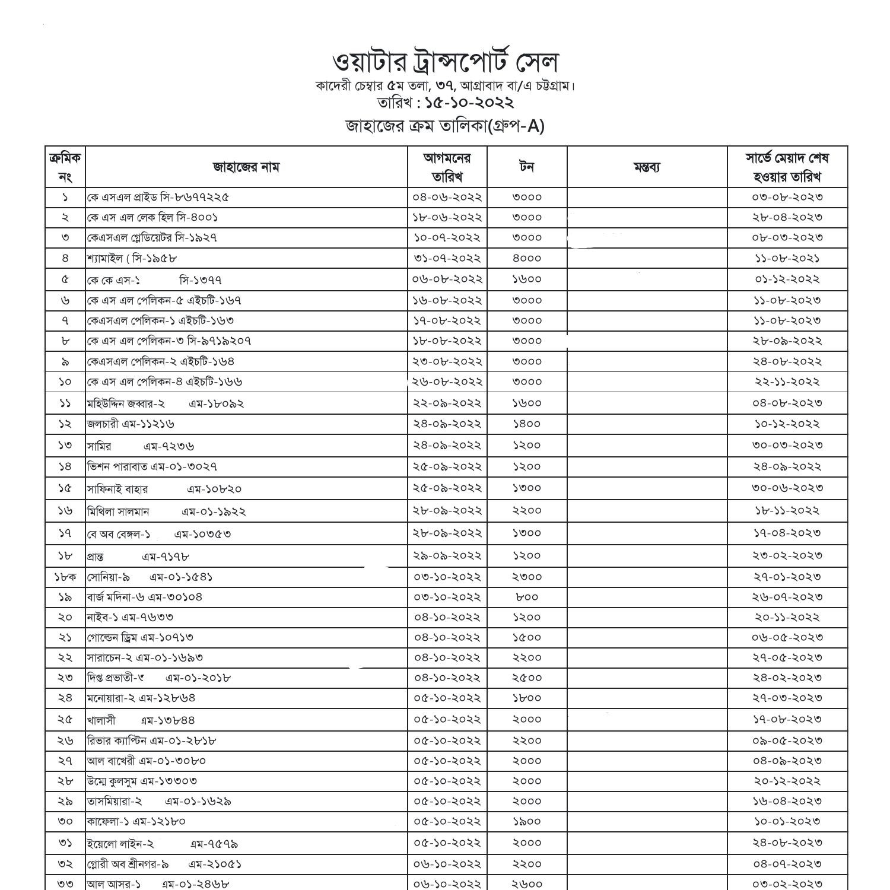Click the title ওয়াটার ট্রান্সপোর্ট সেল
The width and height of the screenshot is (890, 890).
[x=445, y=62]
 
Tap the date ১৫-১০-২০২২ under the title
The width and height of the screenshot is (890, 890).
[x=469, y=103]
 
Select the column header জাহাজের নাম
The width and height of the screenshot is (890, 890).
[x=246, y=167]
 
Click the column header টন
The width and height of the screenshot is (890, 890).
[x=526, y=167]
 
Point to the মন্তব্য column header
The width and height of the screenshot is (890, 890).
[x=647, y=167]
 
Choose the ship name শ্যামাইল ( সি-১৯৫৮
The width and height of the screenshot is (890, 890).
[x=132, y=258]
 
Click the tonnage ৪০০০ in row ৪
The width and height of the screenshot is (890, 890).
[x=526, y=258]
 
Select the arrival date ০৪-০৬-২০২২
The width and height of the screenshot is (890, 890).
[x=447, y=197]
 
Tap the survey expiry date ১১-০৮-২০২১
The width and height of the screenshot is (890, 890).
[x=787, y=258]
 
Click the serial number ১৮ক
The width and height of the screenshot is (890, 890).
[x=65, y=577]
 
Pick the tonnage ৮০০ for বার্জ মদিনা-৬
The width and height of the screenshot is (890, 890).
[x=526, y=597]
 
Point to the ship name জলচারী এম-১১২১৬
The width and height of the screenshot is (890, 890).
[x=131, y=424]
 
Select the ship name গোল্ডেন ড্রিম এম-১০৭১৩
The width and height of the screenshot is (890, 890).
[x=140, y=637]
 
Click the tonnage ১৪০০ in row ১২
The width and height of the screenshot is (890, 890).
[x=526, y=424]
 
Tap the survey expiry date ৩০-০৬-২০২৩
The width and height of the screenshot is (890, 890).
[x=787, y=488]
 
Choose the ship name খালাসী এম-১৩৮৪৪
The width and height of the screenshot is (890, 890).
[x=141, y=720]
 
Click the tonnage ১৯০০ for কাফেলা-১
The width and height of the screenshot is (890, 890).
[x=526, y=821]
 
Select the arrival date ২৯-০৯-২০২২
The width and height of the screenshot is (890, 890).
[x=447, y=556]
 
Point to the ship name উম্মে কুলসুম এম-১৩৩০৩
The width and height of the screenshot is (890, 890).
[x=142, y=781]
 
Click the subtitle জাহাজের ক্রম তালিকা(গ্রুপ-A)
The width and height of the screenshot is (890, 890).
[x=445, y=126]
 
